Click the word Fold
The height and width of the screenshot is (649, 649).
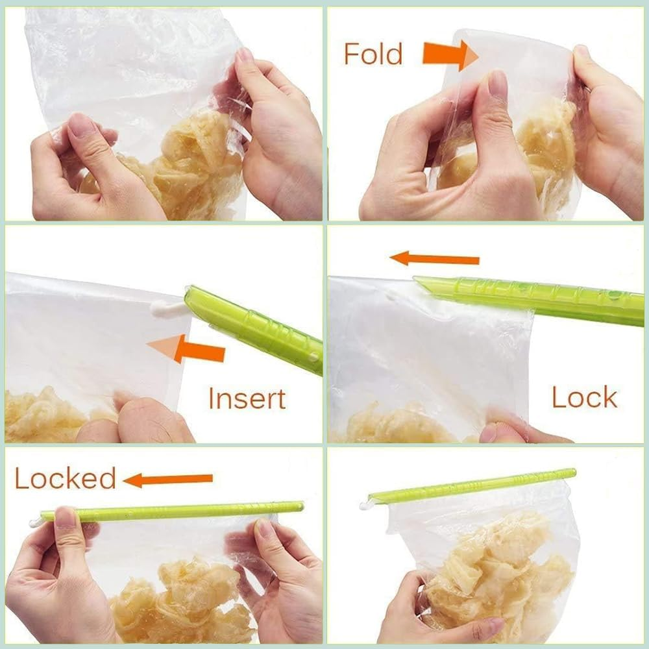coord(373,53)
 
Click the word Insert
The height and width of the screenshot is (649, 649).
coord(247,398)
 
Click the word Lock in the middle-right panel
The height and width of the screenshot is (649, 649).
coord(584,397)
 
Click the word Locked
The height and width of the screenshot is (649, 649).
coord(65,479)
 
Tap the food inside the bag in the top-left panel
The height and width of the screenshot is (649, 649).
coord(188,162)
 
